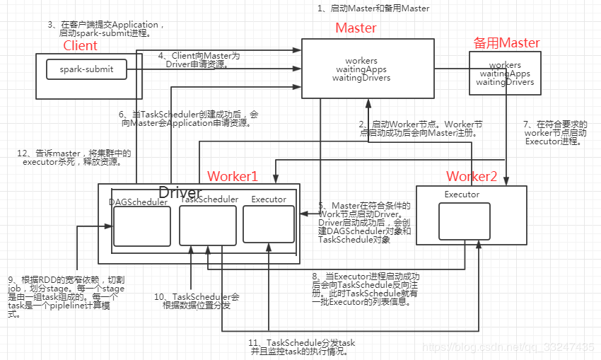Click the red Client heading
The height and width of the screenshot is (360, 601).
tap(80, 46)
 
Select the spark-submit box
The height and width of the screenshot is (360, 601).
tap(86, 69)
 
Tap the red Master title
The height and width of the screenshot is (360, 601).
tap(356, 28)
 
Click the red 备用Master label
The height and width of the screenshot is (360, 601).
tap(506, 43)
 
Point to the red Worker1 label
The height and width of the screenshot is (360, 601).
tap(232, 176)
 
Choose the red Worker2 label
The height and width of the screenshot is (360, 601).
tap(472, 176)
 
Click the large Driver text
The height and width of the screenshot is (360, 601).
tap(180, 192)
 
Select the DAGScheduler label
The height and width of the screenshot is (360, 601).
tap(139, 202)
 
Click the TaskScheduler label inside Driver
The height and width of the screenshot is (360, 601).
tap(209, 199)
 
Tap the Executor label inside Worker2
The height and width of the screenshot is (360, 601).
tap(462, 194)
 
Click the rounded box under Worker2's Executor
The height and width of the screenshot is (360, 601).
tap(464, 221)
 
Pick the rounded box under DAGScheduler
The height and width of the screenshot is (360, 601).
tap(142, 226)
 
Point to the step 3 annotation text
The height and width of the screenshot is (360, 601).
tap(106, 29)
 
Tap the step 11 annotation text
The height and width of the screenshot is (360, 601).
tap(302, 347)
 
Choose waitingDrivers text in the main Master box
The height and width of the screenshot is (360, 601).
tap(361, 78)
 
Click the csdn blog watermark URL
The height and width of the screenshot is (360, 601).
tap(508, 347)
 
